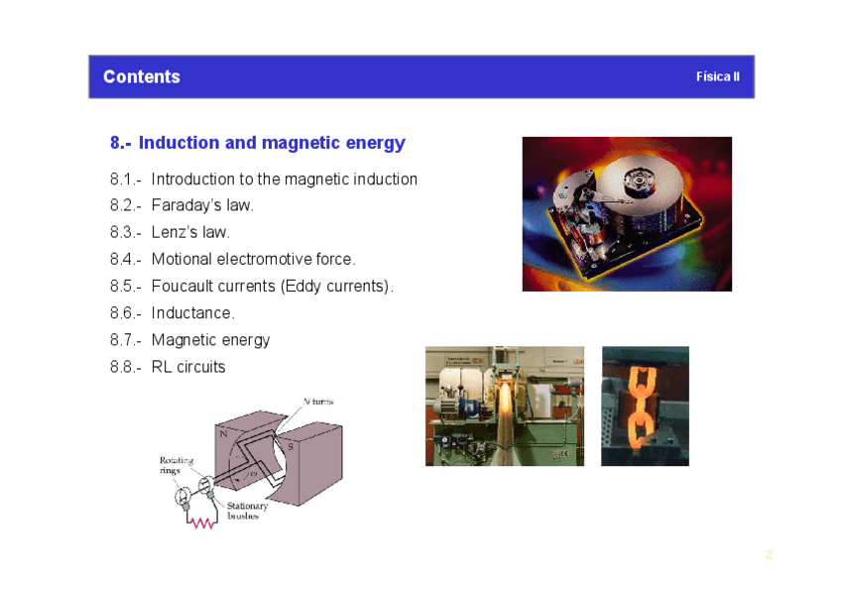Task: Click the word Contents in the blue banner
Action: click(142, 76)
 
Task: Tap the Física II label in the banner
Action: click(718, 76)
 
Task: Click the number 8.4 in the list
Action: click(122, 259)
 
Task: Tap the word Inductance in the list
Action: click(191, 312)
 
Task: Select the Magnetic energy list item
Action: click(211, 340)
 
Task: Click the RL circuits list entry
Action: click(188, 367)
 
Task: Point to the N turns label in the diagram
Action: click(318, 402)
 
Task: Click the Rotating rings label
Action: click(177, 465)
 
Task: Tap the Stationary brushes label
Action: click(247, 511)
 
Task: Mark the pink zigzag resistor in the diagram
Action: click(202, 524)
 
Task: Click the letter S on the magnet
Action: click(291, 446)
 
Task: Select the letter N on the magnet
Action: click(224, 433)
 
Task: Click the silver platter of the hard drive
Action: click(641, 183)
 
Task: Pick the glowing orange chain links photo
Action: click(646, 406)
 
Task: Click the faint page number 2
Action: click(769, 555)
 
